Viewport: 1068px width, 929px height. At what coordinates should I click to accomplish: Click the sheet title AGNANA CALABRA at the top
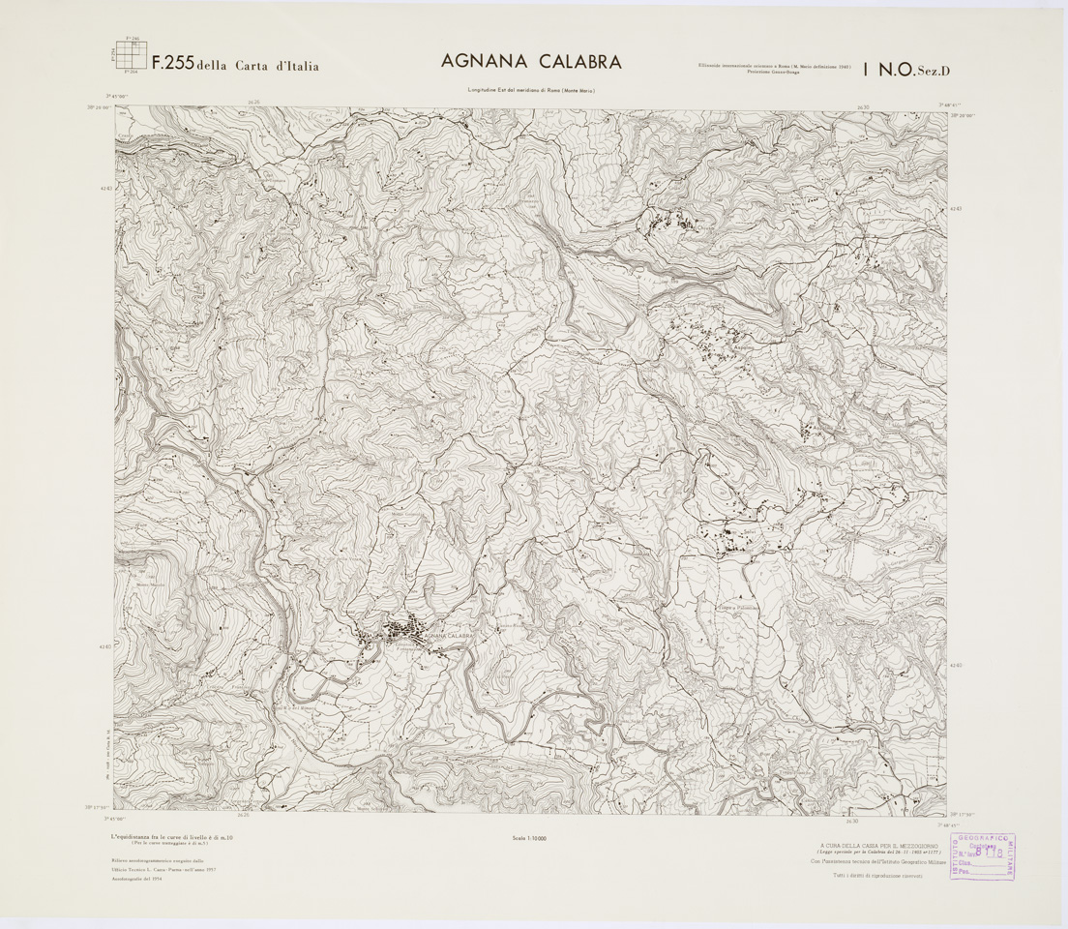tap(531, 62)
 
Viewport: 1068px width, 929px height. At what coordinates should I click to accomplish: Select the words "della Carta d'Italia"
tap(257, 67)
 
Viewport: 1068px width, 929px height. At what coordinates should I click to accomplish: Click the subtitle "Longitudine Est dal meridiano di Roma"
tap(530, 91)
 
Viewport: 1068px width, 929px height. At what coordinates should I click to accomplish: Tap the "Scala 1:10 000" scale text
tap(531, 838)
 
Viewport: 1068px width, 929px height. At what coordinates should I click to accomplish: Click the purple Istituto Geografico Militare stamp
tap(982, 856)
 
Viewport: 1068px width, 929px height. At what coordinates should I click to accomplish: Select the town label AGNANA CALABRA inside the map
tap(448, 634)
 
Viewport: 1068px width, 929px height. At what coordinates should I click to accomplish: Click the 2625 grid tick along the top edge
tap(254, 102)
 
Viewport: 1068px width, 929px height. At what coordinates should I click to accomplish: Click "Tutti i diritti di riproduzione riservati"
tap(878, 876)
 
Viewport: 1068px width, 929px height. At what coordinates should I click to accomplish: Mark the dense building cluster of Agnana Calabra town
tap(406, 634)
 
